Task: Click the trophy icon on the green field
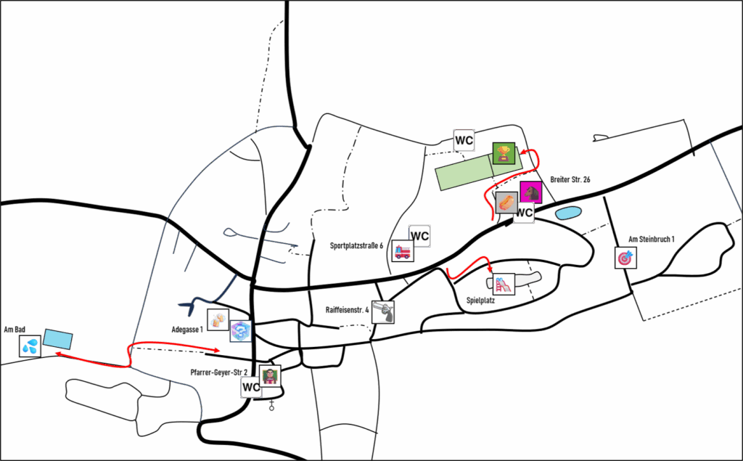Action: [504, 153]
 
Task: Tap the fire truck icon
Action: [403, 251]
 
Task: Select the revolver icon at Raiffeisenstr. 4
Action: [383, 312]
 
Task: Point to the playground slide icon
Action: [504, 285]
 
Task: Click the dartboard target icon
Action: [625, 258]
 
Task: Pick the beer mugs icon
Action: [218, 319]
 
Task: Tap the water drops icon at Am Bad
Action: [30, 346]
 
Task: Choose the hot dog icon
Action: [506, 203]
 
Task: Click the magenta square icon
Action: [531, 192]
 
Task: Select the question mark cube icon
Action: [241, 331]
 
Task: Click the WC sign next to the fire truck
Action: [419, 236]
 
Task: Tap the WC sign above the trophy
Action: [464, 140]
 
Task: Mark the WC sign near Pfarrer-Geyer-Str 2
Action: [251, 387]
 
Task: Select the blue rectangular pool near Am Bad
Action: [58, 338]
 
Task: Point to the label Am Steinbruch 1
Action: [651, 239]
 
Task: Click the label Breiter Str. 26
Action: [570, 180]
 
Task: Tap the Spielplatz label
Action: [480, 301]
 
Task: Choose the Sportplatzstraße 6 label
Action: [356, 245]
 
